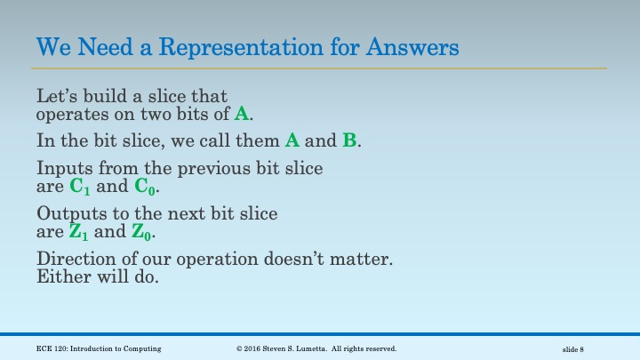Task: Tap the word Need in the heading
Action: tap(98, 44)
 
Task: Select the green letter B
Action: tap(349, 140)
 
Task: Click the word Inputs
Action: tap(62, 167)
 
